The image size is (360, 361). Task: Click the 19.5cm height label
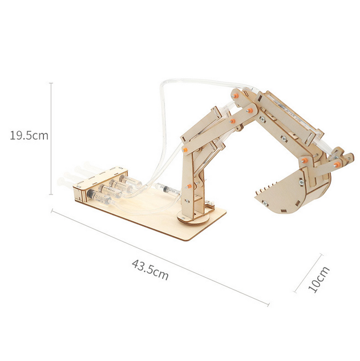click(29, 135)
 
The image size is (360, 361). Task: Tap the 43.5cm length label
click(150, 270)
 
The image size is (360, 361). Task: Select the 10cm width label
click(318, 279)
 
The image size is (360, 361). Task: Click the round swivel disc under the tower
click(193, 217)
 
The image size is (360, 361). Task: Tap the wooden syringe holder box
click(100, 184)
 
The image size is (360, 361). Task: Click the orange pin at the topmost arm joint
click(236, 96)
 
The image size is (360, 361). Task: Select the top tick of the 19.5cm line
click(51, 83)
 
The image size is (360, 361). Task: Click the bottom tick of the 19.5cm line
click(51, 194)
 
